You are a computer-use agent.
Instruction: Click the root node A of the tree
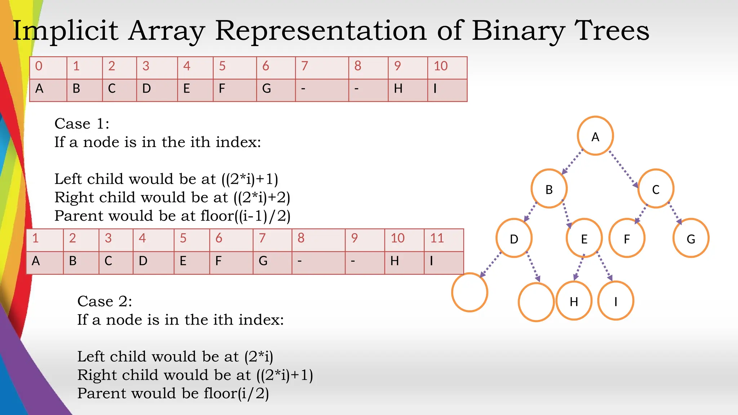pos(595,136)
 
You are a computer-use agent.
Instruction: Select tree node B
pos(549,188)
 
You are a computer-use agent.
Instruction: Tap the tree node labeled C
pos(655,188)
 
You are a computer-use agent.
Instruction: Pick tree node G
pos(690,238)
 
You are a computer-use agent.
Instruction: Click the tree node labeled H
pos(574,301)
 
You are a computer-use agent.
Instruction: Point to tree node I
pos(615,301)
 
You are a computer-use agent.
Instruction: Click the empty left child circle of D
pos(470,292)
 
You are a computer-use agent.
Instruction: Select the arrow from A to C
pos(623,169)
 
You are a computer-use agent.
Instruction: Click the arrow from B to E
pos(566,214)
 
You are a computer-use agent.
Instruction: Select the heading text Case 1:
pos(82,124)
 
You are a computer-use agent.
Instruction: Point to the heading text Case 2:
pos(105,301)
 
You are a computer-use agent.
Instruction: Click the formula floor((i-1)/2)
pos(245,216)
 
